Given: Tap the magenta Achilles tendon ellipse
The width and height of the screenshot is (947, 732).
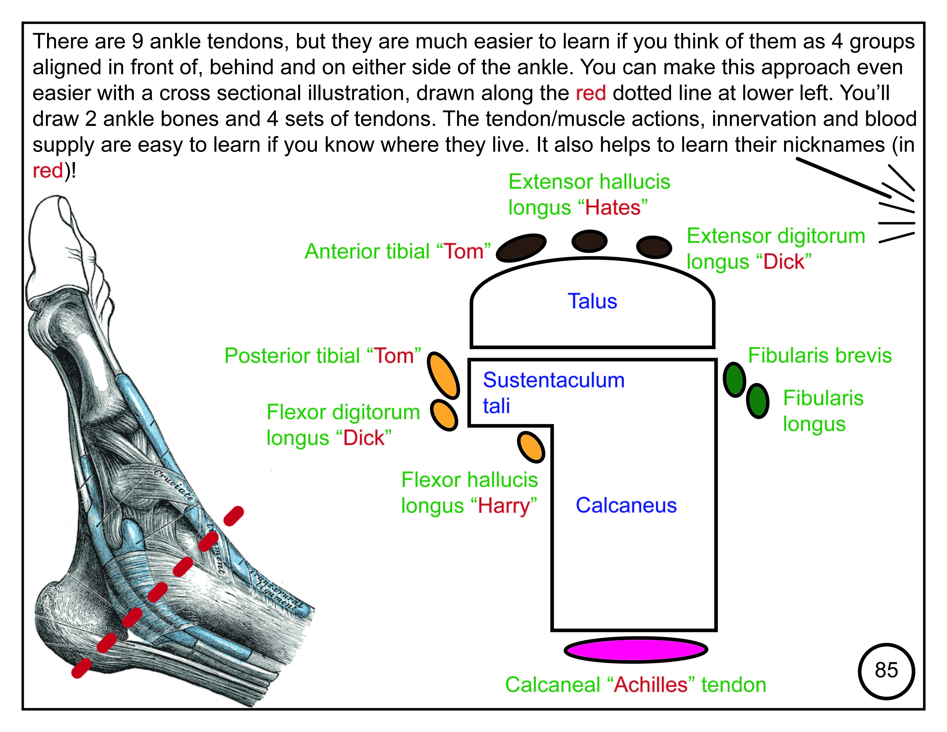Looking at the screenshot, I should [x=636, y=650].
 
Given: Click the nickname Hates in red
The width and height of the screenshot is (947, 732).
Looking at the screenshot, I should [x=612, y=207].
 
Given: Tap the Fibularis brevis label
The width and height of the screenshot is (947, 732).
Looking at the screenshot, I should [x=820, y=356].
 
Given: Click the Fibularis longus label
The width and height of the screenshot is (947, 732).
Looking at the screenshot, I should [x=822, y=411].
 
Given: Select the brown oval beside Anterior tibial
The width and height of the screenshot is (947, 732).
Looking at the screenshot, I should [x=521, y=248].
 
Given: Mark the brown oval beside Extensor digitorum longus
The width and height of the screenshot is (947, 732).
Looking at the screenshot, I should [x=654, y=247].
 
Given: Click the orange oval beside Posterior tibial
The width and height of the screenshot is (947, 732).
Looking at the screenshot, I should [x=443, y=375].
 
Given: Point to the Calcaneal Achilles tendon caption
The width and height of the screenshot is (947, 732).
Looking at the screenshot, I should [x=636, y=685].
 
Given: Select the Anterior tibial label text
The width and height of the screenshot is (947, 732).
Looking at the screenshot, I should [x=398, y=251].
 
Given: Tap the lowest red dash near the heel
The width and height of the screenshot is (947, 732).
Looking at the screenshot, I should [x=81, y=668].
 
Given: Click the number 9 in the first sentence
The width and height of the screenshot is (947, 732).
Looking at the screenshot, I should [x=137, y=42].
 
